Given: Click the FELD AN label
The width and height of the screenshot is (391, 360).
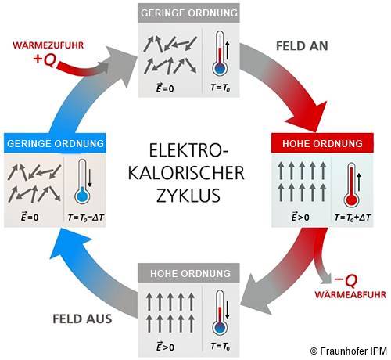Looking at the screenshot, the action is click(302, 46).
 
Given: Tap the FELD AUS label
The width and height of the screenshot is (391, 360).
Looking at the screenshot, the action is click(82, 319).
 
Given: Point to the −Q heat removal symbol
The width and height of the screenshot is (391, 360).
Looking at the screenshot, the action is click(346, 280).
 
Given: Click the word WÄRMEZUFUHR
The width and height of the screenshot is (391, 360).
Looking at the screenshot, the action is click(48, 45).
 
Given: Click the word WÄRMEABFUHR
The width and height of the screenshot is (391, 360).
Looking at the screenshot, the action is click(350, 294).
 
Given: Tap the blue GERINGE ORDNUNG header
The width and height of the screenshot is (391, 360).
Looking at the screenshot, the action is click(55, 143).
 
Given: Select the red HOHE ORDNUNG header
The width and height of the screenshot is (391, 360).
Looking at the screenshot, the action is click(322, 143).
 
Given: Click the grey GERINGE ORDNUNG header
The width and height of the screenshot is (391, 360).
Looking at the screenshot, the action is click(188, 13).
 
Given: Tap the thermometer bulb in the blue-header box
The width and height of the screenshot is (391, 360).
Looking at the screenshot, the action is click(82, 196).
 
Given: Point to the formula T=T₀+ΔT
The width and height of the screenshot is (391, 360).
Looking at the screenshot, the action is click(353, 217).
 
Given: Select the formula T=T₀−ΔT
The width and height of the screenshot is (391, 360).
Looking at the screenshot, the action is click(86, 217).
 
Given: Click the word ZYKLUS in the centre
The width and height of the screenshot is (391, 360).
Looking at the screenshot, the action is click(188, 196).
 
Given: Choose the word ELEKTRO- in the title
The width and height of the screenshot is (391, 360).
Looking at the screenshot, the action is click(188, 150).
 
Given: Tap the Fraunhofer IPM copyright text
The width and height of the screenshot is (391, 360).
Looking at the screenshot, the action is click(349, 351).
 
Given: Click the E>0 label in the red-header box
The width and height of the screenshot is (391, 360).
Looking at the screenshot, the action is click(300, 217).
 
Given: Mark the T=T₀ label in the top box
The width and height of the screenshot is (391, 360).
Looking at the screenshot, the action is click(221, 88).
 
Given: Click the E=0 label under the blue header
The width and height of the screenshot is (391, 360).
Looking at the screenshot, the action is click(30, 217).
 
